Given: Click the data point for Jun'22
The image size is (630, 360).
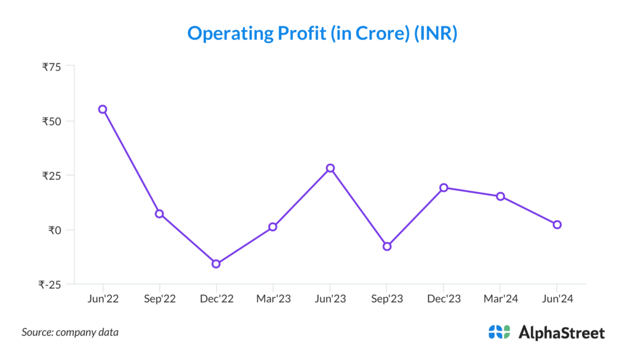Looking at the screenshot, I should click(x=103, y=110).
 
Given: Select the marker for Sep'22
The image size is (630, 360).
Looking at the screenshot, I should click(x=159, y=214).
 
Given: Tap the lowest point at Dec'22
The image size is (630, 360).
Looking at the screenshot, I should click(x=216, y=264).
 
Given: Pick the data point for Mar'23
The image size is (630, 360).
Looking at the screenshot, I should click(x=273, y=226).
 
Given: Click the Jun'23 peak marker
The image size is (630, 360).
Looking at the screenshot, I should click(x=330, y=168).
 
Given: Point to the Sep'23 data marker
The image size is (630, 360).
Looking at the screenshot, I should click(x=387, y=246).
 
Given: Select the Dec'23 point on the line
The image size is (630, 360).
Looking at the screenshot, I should click(x=444, y=188).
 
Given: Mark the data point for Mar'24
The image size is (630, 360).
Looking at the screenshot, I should click(x=500, y=196).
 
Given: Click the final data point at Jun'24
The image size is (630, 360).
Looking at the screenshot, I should click(x=557, y=225).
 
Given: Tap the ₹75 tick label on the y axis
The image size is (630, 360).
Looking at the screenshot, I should click(x=51, y=66).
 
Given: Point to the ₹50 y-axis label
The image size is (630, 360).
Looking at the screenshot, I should click(x=51, y=121).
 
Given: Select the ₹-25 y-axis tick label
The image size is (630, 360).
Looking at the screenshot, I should click(x=49, y=284).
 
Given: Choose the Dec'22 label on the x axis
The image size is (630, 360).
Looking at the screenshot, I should click(x=217, y=299).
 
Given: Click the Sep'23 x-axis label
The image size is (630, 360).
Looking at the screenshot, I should click(x=387, y=299).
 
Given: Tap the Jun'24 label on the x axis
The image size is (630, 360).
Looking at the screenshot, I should click(x=557, y=299).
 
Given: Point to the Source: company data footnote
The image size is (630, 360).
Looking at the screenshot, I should click(x=70, y=332).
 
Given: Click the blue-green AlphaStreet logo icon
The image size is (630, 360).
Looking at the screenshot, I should click(x=499, y=332).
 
